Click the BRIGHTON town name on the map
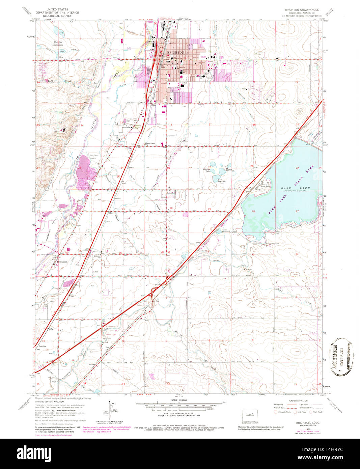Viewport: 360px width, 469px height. tap(175, 53)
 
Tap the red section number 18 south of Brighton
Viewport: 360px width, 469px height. tap(171, 125)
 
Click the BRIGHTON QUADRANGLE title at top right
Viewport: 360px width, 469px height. tap(302, 10)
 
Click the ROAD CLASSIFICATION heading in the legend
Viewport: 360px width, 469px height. tap(297, 401)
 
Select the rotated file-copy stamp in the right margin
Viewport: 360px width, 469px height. tap(341, 357)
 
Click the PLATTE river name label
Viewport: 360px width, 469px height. tap(94, 126)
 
